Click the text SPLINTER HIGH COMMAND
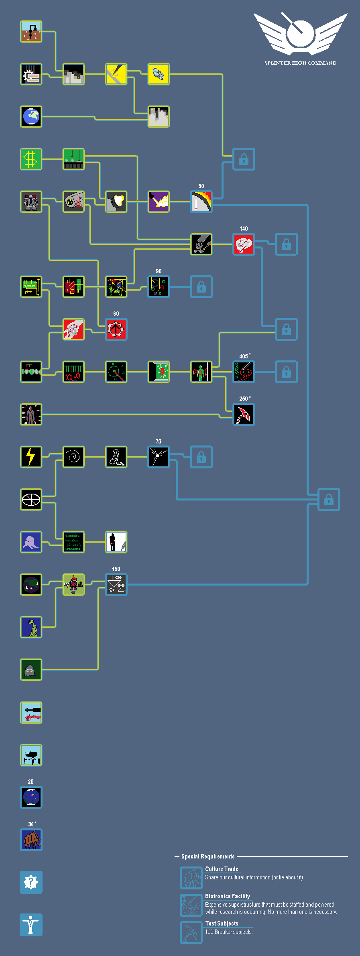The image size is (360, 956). click(300, 63)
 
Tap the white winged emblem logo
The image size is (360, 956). click(300, 34)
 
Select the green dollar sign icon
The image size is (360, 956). click(31, 159)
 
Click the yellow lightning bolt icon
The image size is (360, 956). click(31, 457)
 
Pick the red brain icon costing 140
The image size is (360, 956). click(244, 244)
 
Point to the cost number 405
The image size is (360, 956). click(243, 356)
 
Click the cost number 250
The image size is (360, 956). click(243, 399)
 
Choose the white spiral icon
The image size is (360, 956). click(73, 457)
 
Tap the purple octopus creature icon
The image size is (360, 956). click(31, 542)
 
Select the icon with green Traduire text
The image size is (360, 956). click(73, 542)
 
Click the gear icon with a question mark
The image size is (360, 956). click(31, 883)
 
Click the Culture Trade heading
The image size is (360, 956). click(222, 869)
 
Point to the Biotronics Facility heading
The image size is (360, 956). click(227, 896)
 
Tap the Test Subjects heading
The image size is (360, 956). click(222, 923)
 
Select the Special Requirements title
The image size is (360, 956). click(208, 856)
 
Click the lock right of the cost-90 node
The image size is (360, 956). click(201, 287)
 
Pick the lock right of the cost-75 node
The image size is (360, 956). click(201, 457)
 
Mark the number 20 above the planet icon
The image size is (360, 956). click(31, 782)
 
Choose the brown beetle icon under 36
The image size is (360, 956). click(31, 840)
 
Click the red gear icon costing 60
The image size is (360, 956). click(116, 330)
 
